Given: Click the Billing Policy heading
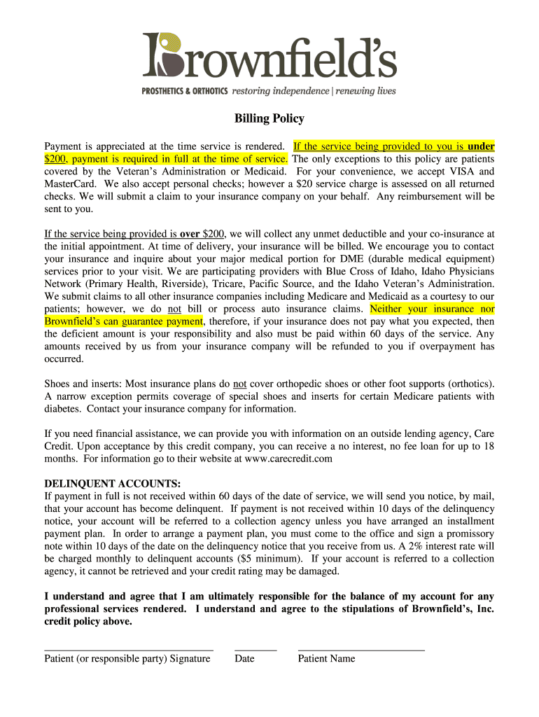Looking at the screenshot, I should click(x=269, y=118).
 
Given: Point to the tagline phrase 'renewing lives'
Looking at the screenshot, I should click(x=365, y=91).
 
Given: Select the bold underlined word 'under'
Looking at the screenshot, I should click(x=481, y=146).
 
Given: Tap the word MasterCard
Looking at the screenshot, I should click(x=69, y=184).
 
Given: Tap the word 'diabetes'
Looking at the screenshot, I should click(x=63, y=409).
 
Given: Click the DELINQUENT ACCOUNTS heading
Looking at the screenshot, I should click(x=113, y=484).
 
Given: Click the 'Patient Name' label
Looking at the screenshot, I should click(x=326, y=659).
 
